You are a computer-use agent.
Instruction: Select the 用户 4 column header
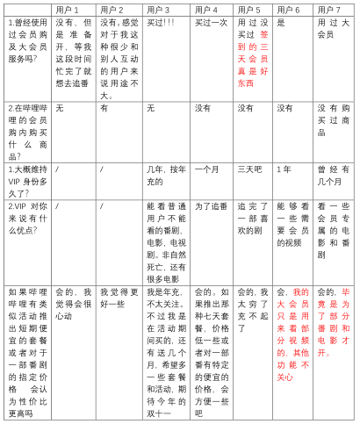click(208, 10)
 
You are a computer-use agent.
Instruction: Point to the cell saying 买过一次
click(211, 23)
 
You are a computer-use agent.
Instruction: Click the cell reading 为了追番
click(211, 206)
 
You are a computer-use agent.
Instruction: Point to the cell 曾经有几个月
click(333, 174)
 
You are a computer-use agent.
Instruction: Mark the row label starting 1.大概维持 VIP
click(27, 179)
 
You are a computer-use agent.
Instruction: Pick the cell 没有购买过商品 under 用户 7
click(333, 119)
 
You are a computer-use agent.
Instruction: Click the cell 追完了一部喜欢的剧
click(252, 212)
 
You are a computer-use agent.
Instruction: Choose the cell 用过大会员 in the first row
click(333, 28)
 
